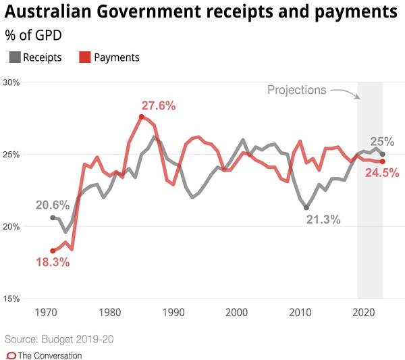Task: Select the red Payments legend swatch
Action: click(x=85, y=57)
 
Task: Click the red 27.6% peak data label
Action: click(x=159, y=105)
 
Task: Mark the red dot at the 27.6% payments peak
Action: click(x=142, y=116)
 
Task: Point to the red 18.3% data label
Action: click(x=53, y=262)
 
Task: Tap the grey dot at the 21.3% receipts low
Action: click(x=306, y=208)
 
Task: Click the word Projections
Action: click(x=296, y=90)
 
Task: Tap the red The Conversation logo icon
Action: click(x=10, y=355)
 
